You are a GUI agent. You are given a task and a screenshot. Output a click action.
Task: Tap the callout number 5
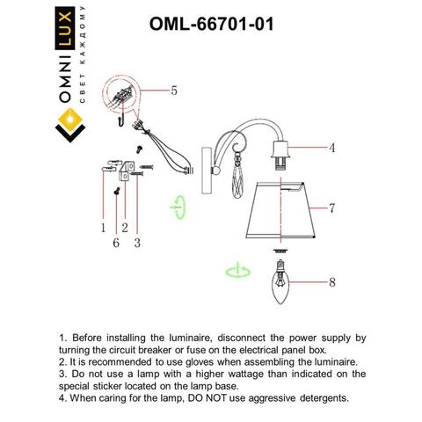pyautogui.click(x=174, y=90)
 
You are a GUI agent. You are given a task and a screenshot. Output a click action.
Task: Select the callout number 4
pyautogui.click(x=331, y=148)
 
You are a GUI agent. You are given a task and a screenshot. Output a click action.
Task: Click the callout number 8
pyautogui.click(x=331, y=283)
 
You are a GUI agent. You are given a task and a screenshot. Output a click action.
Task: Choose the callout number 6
pyautogui.click(x=115, y=241)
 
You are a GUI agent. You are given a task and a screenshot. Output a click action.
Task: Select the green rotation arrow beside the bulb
pyautogui.click(x=234, y=269)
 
